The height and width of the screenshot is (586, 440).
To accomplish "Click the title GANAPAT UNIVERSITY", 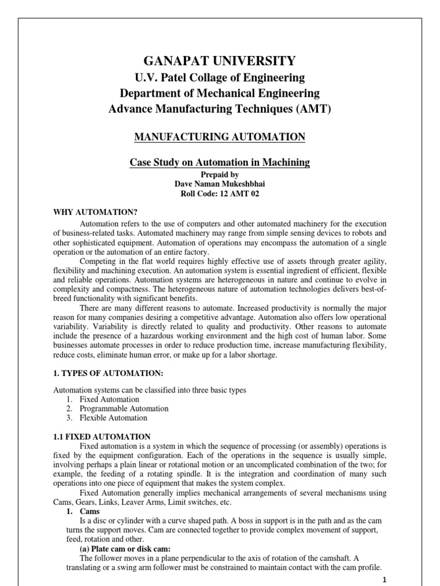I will click(x=219, y=61).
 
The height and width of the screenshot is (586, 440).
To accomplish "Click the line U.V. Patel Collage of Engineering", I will click(x=219, y=78).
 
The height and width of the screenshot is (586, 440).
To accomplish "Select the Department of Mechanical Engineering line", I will click(x=219, y=93).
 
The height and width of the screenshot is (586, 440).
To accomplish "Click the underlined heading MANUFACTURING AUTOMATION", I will click(x=219, y=137).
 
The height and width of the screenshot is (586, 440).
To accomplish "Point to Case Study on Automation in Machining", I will click(x=219, y=163).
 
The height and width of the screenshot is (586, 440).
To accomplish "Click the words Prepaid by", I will click(x=219, y=175).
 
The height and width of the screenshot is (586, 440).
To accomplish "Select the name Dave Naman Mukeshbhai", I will click(x=219, y=184).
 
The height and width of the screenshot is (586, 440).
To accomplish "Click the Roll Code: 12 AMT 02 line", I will click(x=219, y=194).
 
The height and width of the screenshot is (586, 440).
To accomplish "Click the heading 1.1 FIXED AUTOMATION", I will click(x=102, y=437).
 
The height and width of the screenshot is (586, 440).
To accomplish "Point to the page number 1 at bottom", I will click(x=386, y=579).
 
